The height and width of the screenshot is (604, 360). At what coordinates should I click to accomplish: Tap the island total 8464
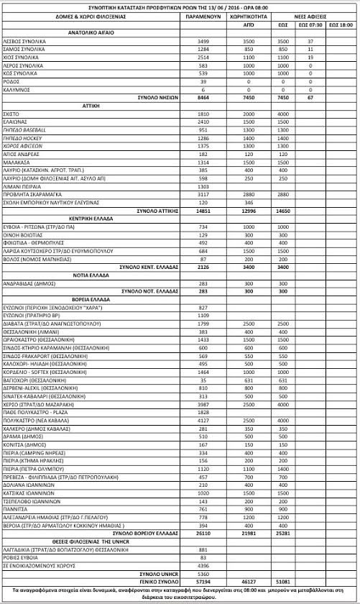(203, 96)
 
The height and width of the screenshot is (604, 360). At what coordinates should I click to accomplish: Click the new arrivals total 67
(310, 96)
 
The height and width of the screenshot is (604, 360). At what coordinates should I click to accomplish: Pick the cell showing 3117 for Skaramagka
(203, 194)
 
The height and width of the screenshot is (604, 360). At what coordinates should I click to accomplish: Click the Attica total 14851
(203, 210)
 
